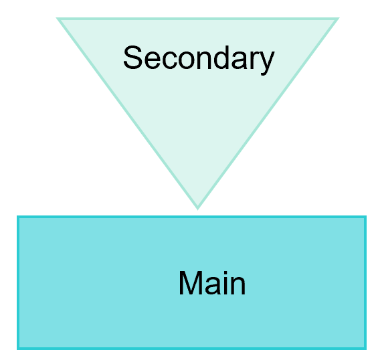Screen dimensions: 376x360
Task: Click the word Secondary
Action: tap(199, 60)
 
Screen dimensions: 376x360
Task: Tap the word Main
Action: tap(212, 282)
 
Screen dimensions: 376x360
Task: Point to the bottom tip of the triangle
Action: tap(197, 209)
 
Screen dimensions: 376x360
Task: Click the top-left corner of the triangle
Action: tap(57, 18)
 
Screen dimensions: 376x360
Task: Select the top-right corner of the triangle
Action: tap(339, 18)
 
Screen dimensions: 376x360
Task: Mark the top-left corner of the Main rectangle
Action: tap(17, 216)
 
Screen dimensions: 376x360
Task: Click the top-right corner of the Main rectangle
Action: tap(366, 216)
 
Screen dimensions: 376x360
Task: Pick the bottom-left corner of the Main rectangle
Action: tap(17, 349)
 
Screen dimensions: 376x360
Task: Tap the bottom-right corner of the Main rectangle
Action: tap(366, 349)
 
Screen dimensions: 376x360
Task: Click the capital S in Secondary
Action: tap(133, 57)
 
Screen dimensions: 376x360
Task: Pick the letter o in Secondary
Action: tap(186, 60)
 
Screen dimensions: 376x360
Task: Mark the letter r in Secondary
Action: tap(253, 60)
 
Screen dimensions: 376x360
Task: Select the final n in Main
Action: tap(238, 286)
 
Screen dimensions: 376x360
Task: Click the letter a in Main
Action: tap(213, 286)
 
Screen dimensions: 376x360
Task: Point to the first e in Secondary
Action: tap(152, 60)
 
